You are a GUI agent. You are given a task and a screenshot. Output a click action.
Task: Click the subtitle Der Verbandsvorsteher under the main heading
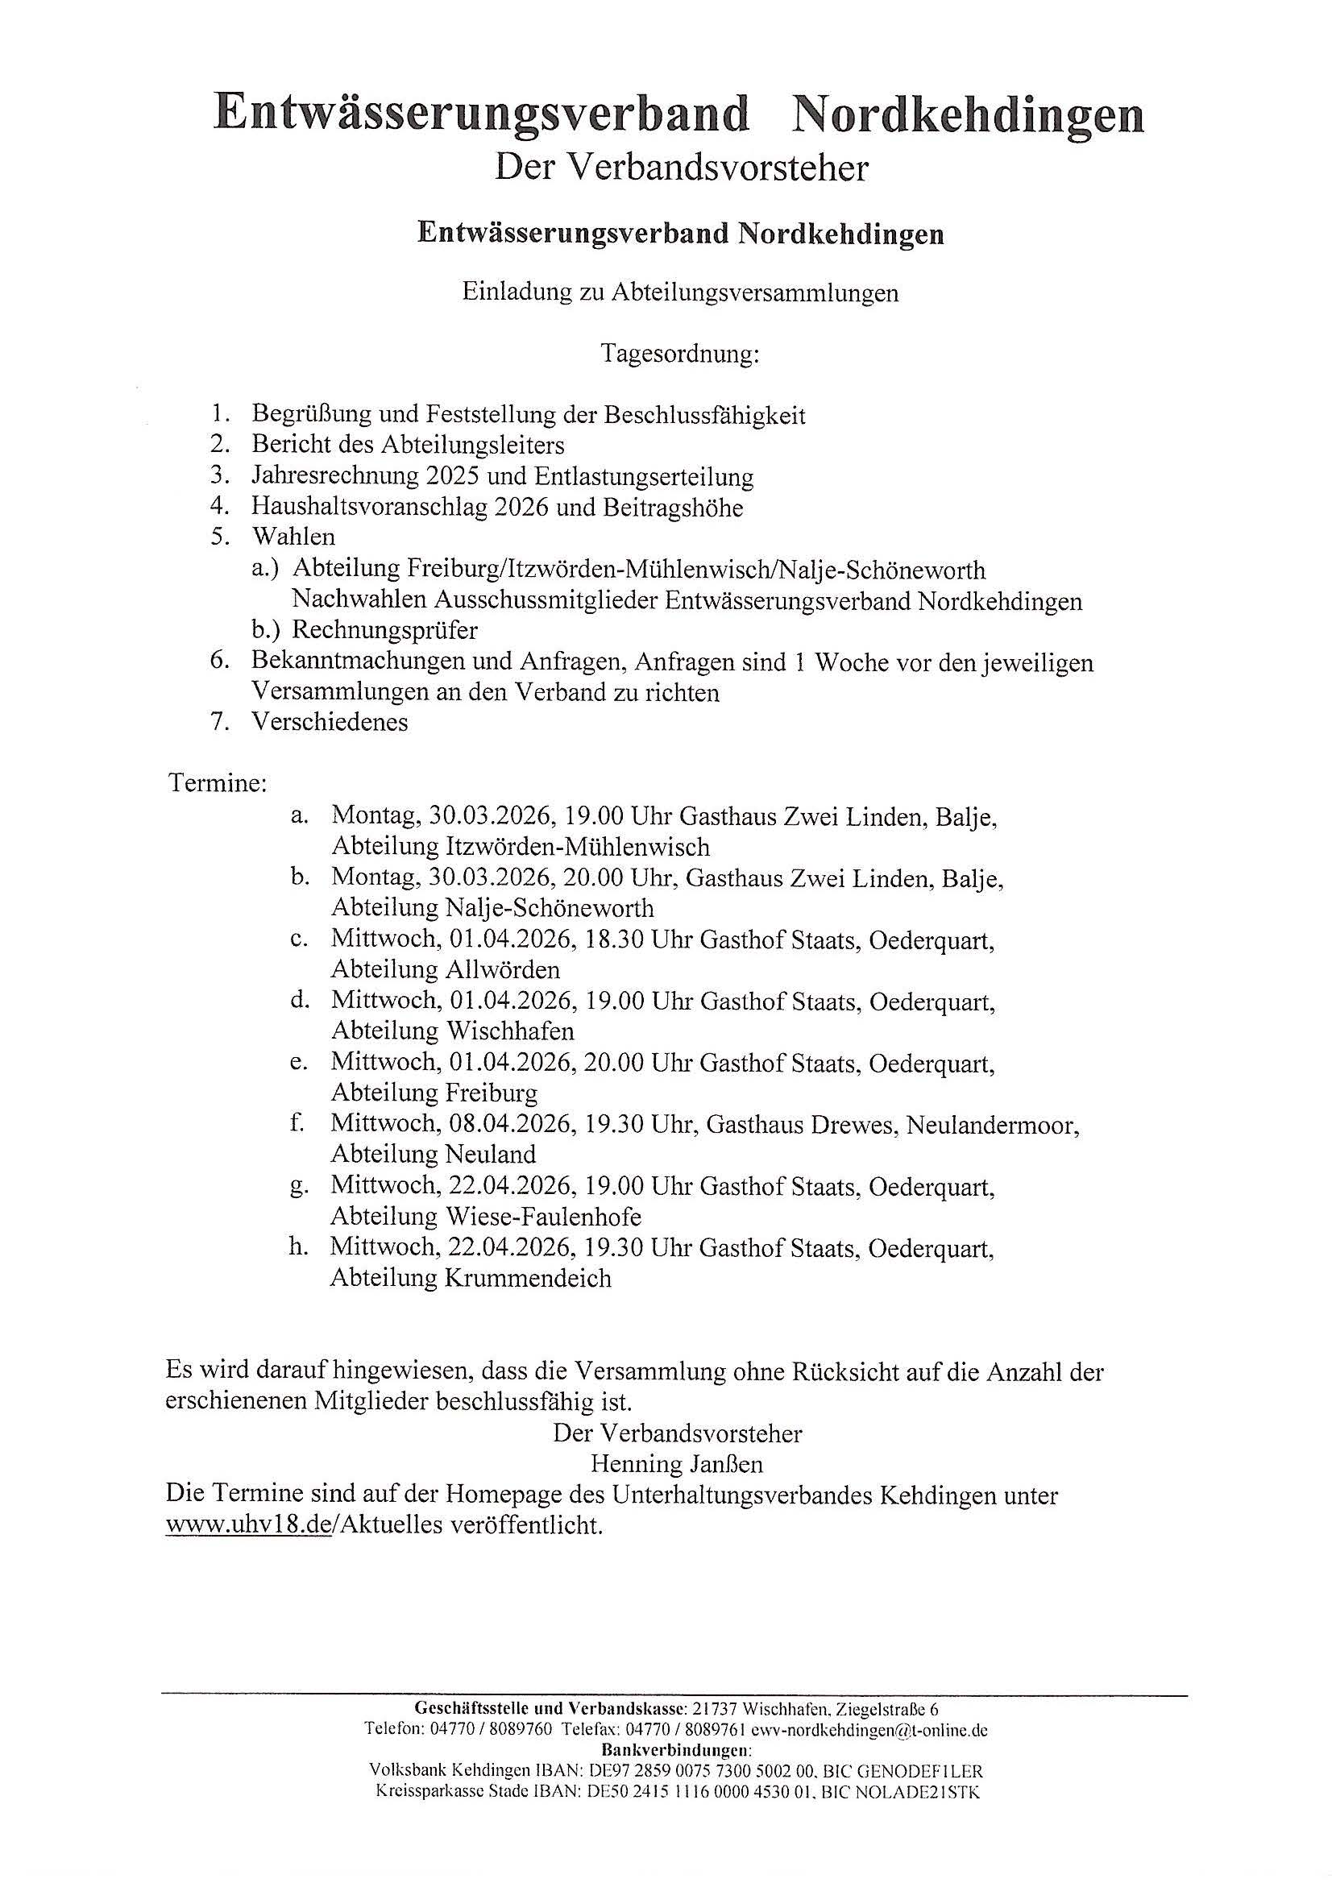tap(681, 168)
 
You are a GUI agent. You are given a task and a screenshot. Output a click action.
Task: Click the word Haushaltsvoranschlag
tap(371, 508)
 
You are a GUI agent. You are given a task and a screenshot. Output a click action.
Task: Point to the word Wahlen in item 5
tap(293, 537)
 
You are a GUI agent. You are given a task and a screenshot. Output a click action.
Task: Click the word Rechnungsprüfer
tap(384, 630)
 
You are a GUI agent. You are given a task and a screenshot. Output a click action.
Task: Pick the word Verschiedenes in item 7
tap(330, 722)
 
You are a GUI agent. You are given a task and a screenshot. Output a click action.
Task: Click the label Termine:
tap(218, 783)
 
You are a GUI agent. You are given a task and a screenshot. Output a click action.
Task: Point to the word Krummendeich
tap(529, 1278)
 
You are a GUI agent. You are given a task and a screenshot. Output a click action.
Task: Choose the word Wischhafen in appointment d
tap(510, 1031)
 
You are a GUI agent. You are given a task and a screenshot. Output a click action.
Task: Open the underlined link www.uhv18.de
tap(248, 1526)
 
